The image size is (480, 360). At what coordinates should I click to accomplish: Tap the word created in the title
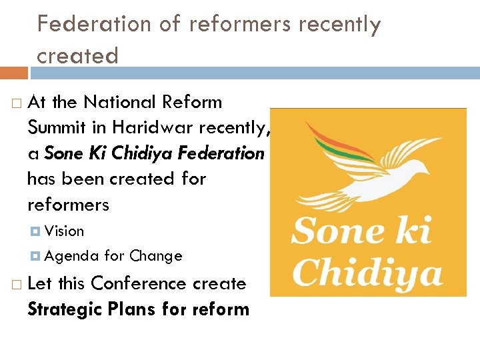tap(77, 56)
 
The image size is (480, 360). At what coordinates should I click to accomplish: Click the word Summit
tap(57, 127)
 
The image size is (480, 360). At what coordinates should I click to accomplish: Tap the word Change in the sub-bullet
tap(156, 256)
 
